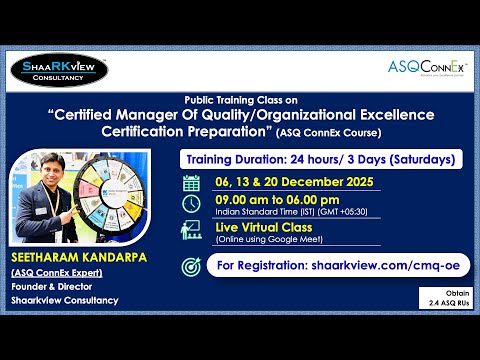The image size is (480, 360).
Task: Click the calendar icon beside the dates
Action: (192, 182)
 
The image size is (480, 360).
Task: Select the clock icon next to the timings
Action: (192, 204)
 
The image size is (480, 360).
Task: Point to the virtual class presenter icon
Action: (192, 230)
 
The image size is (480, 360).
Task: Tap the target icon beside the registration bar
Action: (192, 267)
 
